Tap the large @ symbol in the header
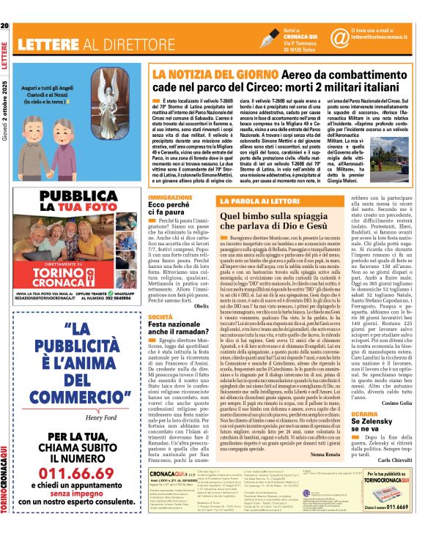(x=339, y=37)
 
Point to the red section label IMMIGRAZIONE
(x=170, y=177)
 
